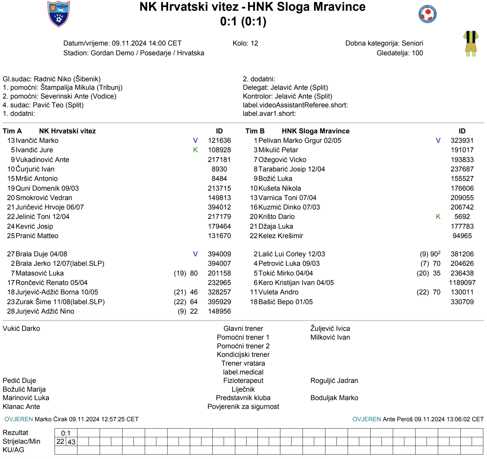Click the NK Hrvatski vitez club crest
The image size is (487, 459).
point(59,14)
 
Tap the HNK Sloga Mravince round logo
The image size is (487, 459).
point(427,14)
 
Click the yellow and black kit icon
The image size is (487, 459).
point(471,44)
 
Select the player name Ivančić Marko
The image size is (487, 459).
point(37,141)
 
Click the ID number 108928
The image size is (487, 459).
point(219,150)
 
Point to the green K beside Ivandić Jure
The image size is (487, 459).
point(195,150)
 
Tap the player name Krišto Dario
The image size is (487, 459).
point(277,217)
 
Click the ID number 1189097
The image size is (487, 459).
point(462,283)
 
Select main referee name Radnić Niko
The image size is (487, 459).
point(53,79)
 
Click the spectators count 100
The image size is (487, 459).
point(417,53)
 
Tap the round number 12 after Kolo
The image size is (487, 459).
point(254,43)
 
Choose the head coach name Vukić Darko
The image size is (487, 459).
point(21,329)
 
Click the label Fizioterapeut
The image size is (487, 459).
point(243,381)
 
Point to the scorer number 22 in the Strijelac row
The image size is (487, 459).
point(60,441)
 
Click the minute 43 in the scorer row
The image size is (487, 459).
point(72,442)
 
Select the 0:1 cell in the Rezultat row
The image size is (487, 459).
point(66,433)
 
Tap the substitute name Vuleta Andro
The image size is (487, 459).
point(278,292)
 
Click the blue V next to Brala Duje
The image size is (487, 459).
point(195,254)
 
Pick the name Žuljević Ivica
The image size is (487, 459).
point(330,329)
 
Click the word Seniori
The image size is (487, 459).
point(412,43)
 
